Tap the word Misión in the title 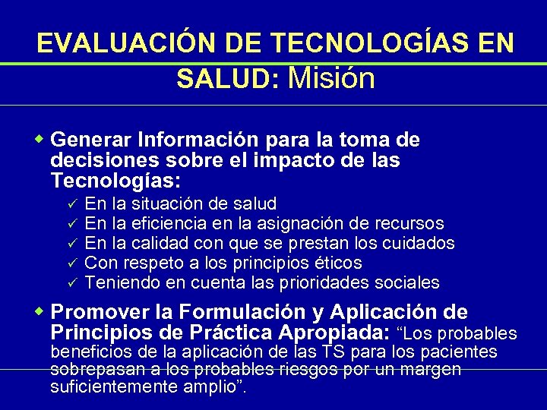332,77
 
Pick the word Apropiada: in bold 334,333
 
